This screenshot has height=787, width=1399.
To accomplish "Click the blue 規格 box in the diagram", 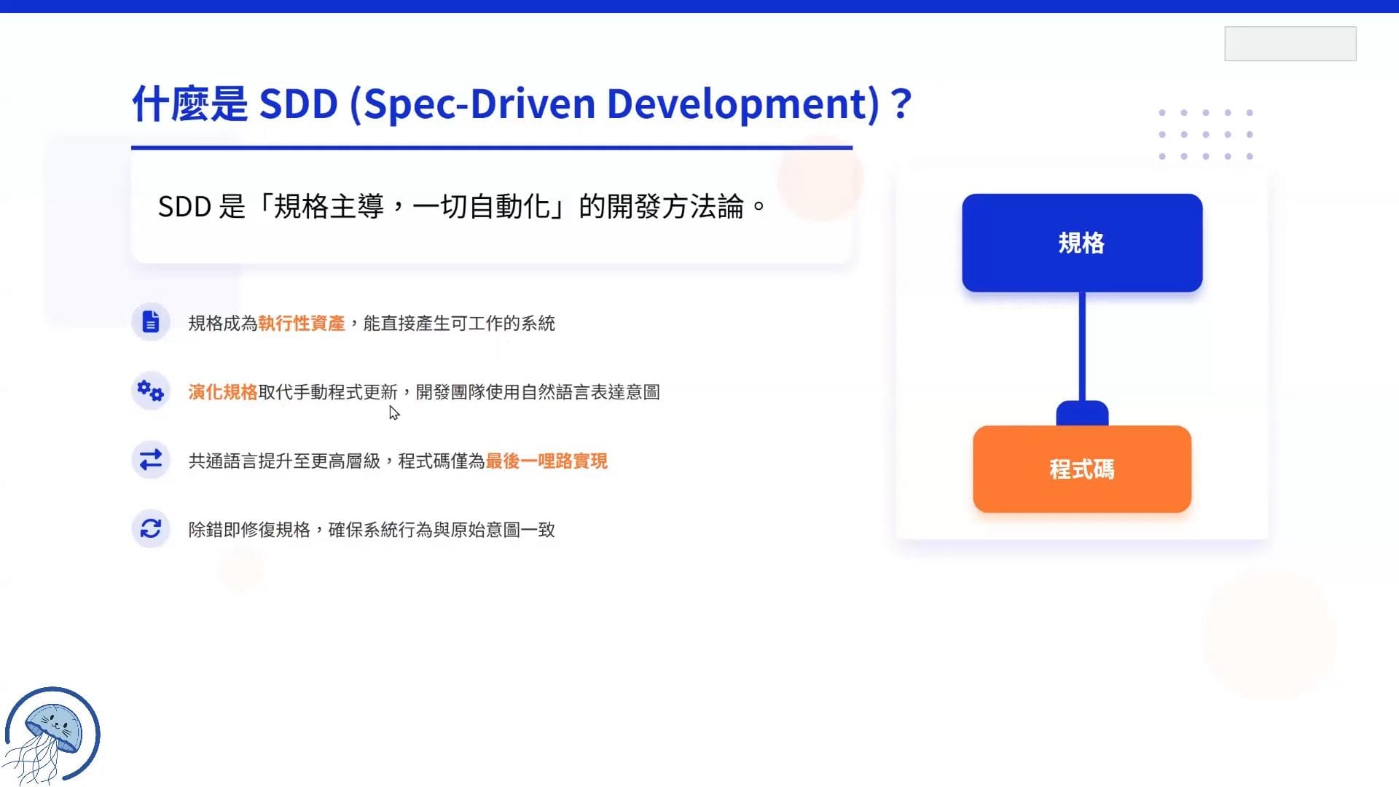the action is click(1082, 243).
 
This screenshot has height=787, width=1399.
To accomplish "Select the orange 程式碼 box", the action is click(1082, 469).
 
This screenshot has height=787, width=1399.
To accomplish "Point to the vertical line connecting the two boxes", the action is click(1082, 347).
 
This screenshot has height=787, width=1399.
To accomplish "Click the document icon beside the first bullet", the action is click(151, 322).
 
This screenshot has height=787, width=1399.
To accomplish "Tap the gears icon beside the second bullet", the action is click(151, 391).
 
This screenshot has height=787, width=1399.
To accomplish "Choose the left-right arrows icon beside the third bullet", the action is click(151, 460).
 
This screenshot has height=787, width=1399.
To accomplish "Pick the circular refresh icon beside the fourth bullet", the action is click(151, 528).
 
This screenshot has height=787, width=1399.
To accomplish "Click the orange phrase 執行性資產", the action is click(302, 323).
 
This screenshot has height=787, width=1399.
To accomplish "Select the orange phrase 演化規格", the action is click(223, 392).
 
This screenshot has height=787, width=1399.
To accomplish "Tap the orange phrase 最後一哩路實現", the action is click(546, 461).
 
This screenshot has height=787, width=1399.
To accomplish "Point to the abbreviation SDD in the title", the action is click(299, 103).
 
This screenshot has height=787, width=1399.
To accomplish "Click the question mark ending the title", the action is click(901, 103).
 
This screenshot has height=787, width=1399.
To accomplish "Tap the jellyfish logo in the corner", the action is click(51, 735).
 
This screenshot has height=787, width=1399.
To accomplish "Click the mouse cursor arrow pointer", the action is click(394, 413).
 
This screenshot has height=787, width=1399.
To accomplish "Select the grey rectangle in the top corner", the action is click(1290, 44).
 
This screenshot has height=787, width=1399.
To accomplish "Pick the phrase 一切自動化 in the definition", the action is click(481, 207).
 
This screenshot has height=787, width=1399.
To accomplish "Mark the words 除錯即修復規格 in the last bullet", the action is click(249, 530).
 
